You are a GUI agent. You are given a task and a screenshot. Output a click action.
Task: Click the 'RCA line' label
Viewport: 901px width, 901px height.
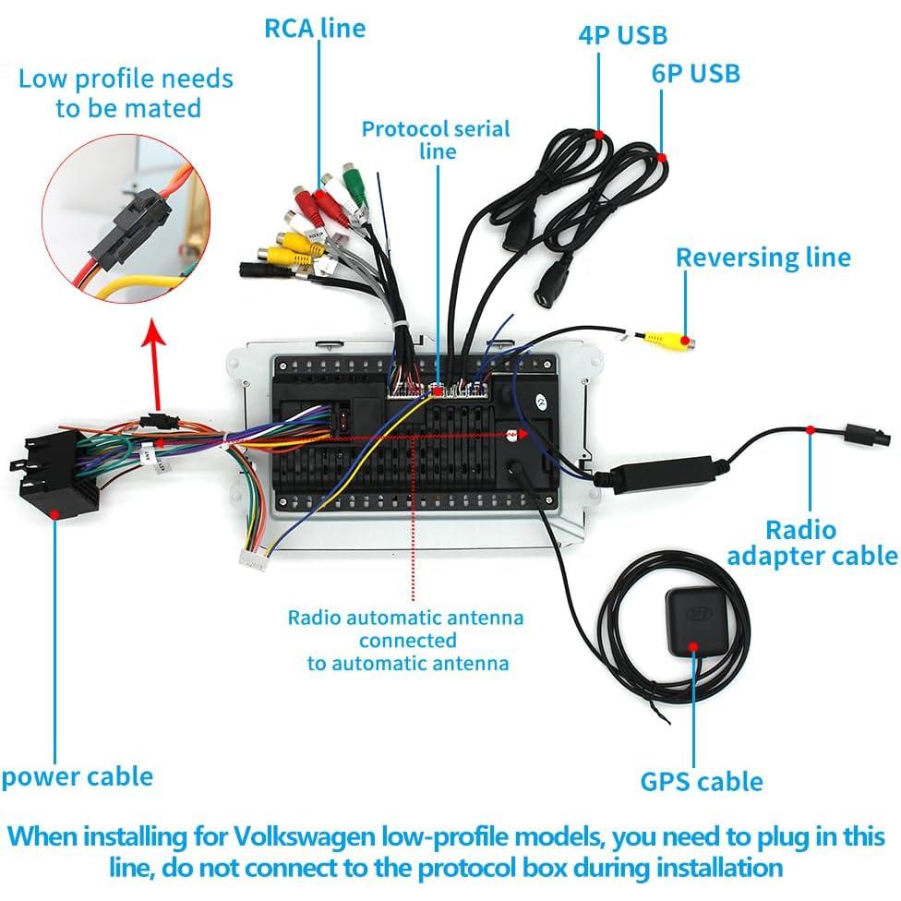(315, 28)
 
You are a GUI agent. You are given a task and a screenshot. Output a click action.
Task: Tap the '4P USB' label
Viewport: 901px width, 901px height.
(622, 35)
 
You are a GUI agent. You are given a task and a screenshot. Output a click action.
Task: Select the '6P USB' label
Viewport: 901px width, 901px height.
(696, 73)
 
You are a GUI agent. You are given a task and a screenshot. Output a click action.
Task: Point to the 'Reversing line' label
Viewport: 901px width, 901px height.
(763, 257)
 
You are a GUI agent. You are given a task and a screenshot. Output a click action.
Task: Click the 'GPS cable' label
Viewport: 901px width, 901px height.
(702, 782)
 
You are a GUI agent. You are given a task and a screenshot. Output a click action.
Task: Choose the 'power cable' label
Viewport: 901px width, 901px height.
(77, 775)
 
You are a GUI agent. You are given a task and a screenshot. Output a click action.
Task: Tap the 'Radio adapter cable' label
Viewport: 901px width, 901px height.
(811, 543)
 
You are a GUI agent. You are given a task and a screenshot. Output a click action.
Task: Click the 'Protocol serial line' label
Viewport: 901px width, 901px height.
(436, 138)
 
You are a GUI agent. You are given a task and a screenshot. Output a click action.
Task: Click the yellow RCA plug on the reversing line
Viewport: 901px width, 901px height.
(669, 341)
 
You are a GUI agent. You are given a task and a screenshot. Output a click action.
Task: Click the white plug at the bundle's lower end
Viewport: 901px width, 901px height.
(252, 558)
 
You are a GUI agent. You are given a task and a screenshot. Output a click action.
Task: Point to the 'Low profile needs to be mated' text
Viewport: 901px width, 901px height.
(126, 92)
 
